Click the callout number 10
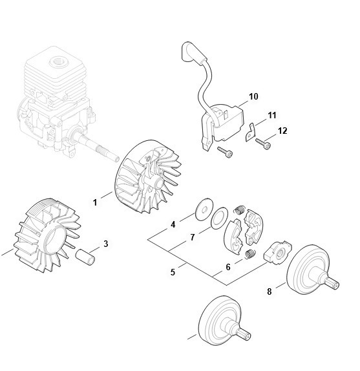pos(253,96)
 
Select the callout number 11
pos(271,115)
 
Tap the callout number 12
pos(282,131)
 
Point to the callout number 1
pos(95,202)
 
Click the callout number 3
pos(106,244)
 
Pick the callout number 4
pos(173,224)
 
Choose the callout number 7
pos(193,237)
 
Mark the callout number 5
pos(173,272)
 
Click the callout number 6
pos(228,267)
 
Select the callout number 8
pos(270,291)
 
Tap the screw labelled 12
pos(263,143)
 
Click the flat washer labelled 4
pos(205,209)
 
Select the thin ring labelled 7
pos(219,218)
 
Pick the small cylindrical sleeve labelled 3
pos(85,257)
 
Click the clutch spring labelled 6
pos(250,254)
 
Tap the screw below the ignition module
pos(225,152)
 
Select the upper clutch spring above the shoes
pos(240,210)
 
